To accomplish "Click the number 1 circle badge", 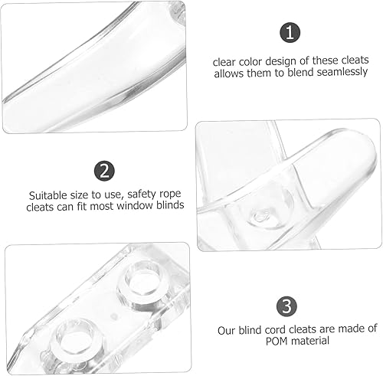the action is coord(290,32).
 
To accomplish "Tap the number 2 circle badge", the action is coord(104,171).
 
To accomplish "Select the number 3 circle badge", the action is coord(286,306).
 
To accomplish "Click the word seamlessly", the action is coord(342,72).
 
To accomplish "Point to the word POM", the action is coord(277,342).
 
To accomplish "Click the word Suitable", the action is coord(49,195).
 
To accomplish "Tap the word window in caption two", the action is coord(134,205).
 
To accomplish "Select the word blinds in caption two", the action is coord(170,205).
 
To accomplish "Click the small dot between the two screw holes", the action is coord(114,316).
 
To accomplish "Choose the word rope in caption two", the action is coord(170,195).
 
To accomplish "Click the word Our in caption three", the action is coord(227,331).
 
